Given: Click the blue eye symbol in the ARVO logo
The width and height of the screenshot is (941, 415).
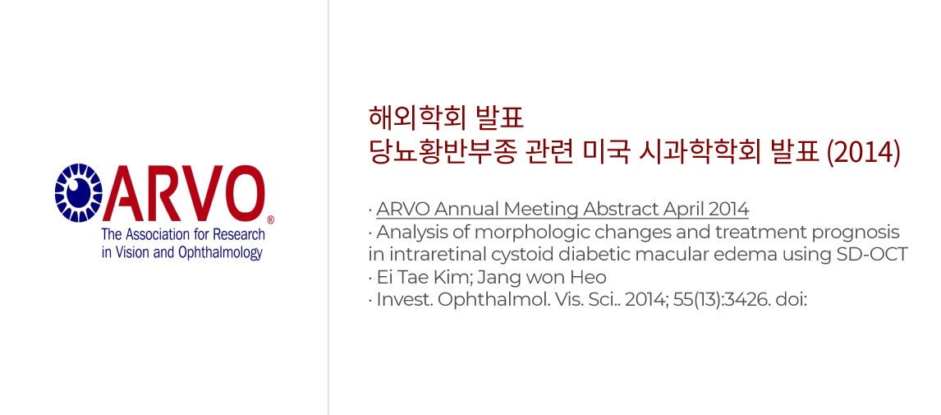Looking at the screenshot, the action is pyautogui.click(x=79, y=193).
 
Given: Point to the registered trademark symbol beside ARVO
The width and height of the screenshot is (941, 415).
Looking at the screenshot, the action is pyautogui.click(x=270, y=219).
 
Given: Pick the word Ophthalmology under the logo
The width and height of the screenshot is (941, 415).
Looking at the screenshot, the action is pyautogui.click(x=220, y=252).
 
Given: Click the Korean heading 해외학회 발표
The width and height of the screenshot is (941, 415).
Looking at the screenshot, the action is pyautogui.click(x=447, y=118).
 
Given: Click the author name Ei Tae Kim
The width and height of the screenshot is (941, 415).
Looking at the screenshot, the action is pyautogui.click(x=409, y=278).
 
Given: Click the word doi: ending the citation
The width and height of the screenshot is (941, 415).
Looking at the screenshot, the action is pyautogui.click(x=792, y=300).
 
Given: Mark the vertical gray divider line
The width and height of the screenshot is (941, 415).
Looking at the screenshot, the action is pyautogui.click(x=328, y=207).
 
